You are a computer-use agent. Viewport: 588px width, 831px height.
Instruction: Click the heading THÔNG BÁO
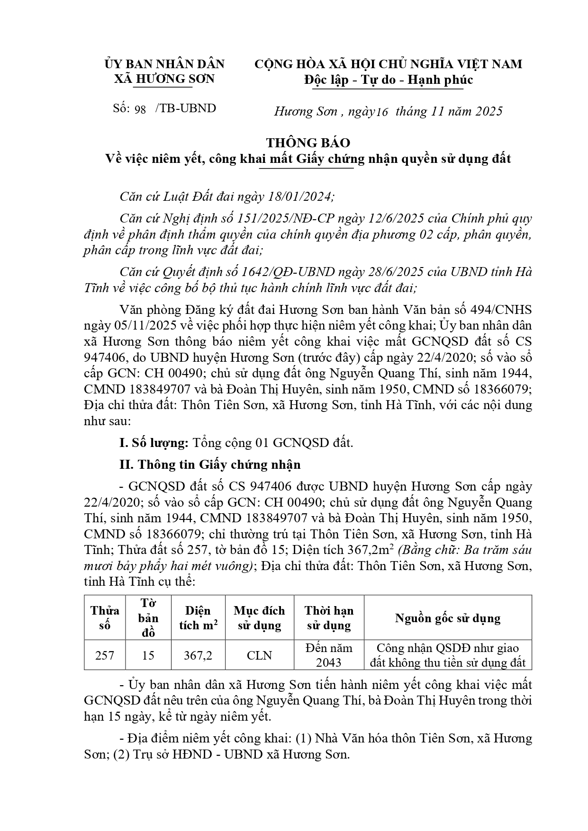coord(308,143)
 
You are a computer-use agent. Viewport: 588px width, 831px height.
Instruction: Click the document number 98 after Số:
coord(140,109)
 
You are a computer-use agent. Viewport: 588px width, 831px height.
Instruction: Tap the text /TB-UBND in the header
coord(185,108)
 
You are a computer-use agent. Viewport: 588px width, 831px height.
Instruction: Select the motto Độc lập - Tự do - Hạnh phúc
coord(388,80)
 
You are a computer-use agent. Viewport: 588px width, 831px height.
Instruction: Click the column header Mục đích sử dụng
coord(259,618)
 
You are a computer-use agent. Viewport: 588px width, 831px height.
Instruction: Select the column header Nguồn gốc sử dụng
coord(448,618)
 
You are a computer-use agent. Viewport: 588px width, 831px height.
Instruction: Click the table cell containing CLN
coord(259,655)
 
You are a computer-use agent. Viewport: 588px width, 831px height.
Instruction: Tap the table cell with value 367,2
coord(198,655)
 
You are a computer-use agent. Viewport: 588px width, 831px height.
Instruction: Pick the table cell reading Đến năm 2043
coord(329,655)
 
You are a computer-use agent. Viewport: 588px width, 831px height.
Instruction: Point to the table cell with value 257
coord(104,655)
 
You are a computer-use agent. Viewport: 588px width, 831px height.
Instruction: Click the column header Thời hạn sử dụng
coord(329,618)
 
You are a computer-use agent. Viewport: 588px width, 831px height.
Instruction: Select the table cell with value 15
coord(148,655)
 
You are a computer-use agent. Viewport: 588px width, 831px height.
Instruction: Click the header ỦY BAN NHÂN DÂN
coord(164,64)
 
